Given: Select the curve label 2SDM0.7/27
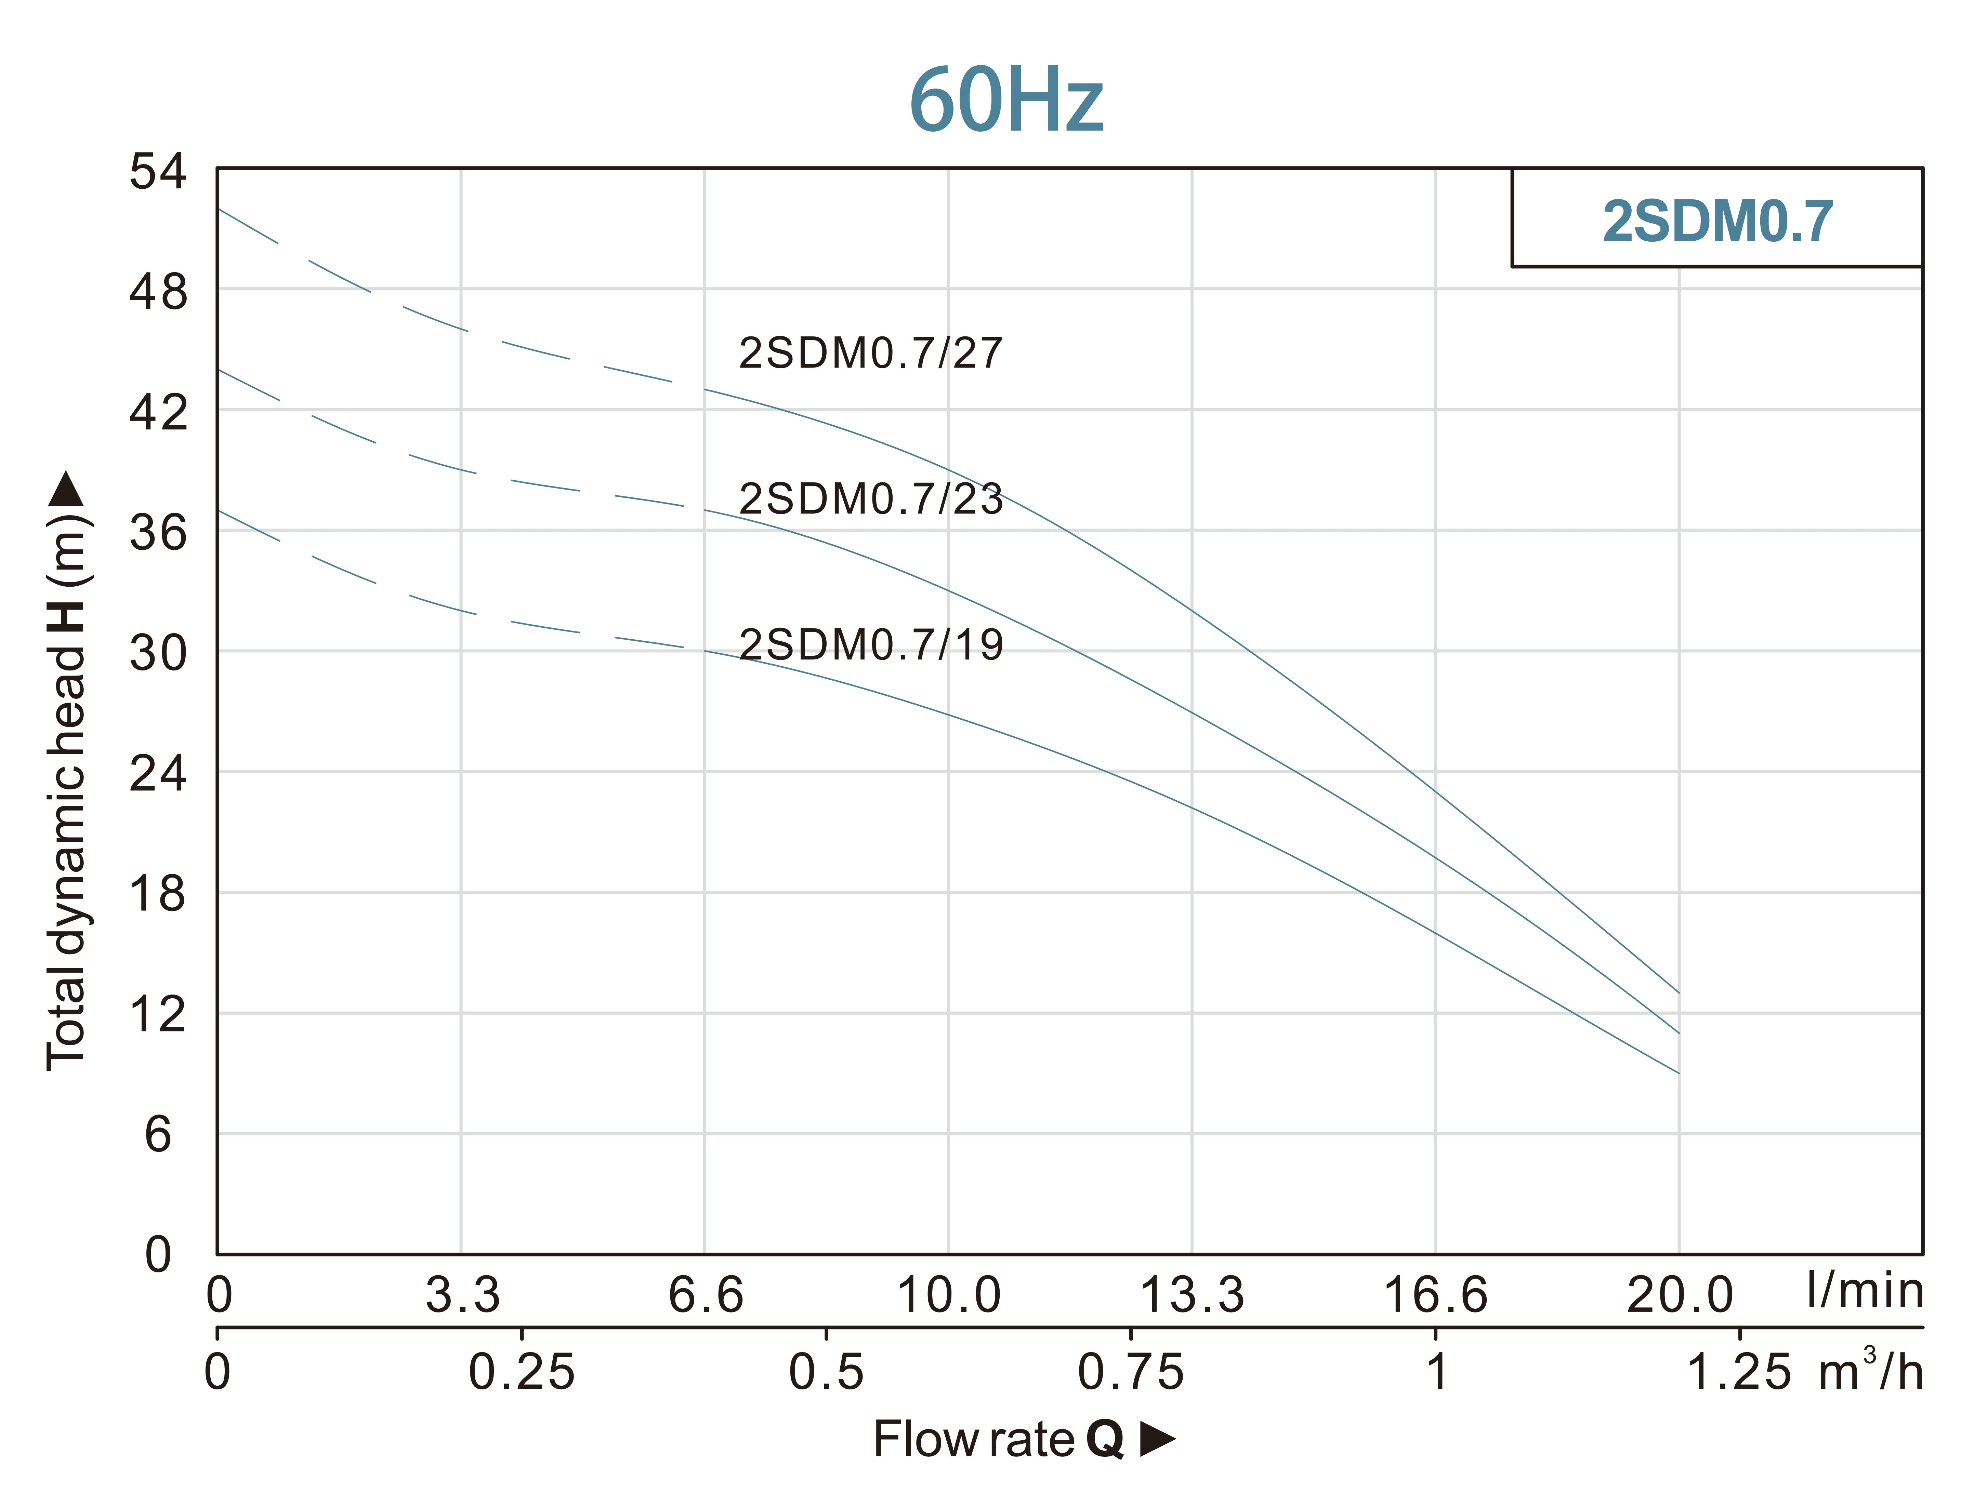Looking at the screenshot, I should pyautogui.click(x=870, y=353).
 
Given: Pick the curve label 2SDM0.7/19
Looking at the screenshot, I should pyautogui.click(x=870, y=645).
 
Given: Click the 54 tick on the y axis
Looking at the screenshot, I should pyautogui.click(x=158, y=171).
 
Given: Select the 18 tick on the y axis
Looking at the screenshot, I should pyautogui.click(x=158, y=894).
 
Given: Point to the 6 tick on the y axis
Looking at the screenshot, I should pyautogui.click(x=158, y=1134).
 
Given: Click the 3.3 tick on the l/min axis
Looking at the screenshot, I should pyautogui.click(x=462, y=1295).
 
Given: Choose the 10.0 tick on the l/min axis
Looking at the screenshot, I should pyautogui.click(x=949, y=1295).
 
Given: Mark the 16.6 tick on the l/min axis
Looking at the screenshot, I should pyautogui.click(x=1435, y=1295).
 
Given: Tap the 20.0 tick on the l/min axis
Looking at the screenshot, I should pyautogui.click(x=1679, y=1295).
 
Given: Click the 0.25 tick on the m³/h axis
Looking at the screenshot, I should pyautogui.click(x=521, y=1372).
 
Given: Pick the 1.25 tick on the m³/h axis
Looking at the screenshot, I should pyautogui.click(x=1739, y=1372).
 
